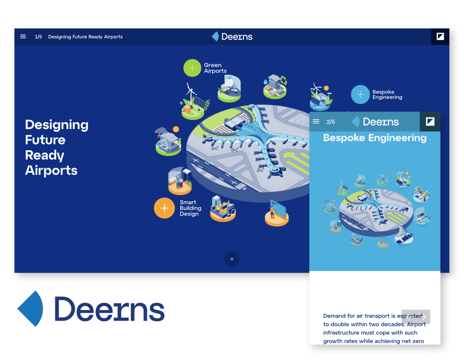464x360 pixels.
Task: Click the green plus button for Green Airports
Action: click(x=192, y=68)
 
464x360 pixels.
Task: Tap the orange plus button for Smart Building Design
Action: click(x=164, y=208)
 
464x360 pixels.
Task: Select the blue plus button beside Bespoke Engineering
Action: click(x=360, y=94)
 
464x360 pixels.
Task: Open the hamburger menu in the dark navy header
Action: click(x=23, y=36)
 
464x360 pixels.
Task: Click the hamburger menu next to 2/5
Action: click(x=316, y=121)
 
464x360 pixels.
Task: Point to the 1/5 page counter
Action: click(x=39, y=37)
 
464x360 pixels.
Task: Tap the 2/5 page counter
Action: click(x=330, y=122)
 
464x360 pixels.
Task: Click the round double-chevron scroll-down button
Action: click(x=232, y=259)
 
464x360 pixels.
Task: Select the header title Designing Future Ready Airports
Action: click(x=86, y=37)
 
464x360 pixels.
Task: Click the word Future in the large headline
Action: click(x=45, y=140)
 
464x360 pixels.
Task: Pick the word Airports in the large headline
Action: click(x=51, y=170)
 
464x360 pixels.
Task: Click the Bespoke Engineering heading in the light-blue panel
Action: click(x=375, y=138)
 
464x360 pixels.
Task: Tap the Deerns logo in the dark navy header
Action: click(x=232, y=36)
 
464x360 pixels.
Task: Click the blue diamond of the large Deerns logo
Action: click(x=30, y=308)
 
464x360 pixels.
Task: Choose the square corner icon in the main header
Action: click(x=440, y=36)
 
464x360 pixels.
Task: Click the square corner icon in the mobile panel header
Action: click(x=430, y=121)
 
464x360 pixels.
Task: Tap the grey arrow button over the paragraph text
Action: click(x=416, y=317)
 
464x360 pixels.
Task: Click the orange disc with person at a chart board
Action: click(x=276, y=214)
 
